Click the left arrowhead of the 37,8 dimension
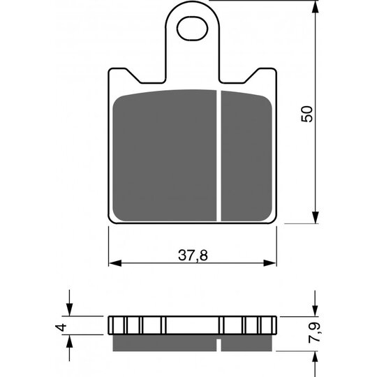coord(116,264)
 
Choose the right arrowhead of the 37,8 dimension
coord(273,264)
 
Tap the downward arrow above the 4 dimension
coord(70,310)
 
